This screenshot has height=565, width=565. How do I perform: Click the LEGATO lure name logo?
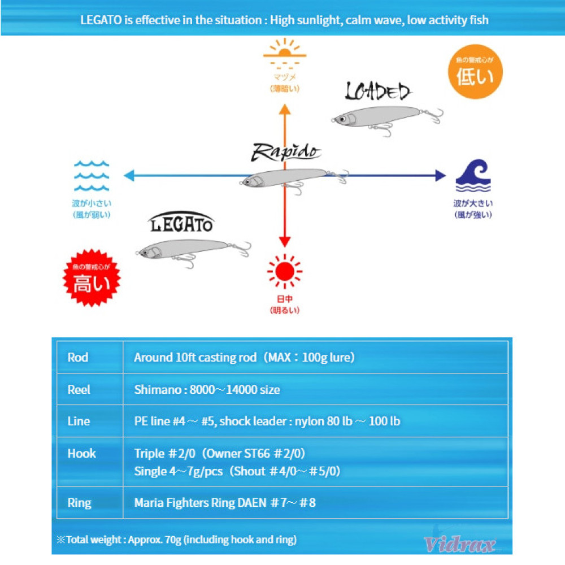(x=182, y=224)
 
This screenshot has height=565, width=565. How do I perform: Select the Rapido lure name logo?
(x=286, y=151)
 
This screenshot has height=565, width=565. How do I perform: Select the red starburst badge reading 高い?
(x=92, y=279)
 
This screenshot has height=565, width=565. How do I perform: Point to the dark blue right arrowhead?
(x=440, y=175)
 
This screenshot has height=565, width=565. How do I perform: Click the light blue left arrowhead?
(x=129, y=175)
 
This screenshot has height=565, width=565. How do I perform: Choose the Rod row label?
(x=78, y=357)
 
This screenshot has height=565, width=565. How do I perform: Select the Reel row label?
(x=79, y=389)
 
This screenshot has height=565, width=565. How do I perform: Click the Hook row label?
(x=82, y=453)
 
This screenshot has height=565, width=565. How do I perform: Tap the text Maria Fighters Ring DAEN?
(x=200, y=502)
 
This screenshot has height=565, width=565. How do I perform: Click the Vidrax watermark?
(x=459, y=545)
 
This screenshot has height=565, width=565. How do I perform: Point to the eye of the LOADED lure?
(x=341, y=119)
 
